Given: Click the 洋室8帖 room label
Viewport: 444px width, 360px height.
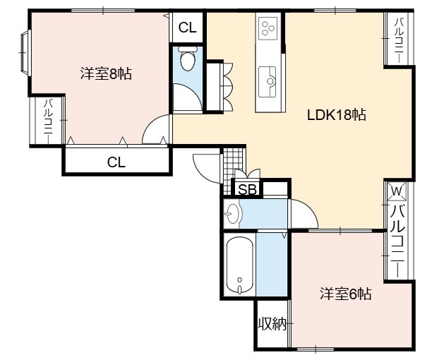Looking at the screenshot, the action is click(106, 73).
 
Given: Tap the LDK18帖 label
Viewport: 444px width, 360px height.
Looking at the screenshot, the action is click(337, 115).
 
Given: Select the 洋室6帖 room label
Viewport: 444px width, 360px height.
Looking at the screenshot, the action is click(346, 294).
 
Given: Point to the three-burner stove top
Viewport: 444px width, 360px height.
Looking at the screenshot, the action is click(268, 28).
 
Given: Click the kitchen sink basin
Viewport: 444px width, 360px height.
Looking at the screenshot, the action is click(268, 82).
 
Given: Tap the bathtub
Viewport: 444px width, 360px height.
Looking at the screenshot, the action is click(240, 265).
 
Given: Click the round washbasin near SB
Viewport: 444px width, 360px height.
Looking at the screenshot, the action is click(232, 214).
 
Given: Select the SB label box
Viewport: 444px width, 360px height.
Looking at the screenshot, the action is click(248, 189).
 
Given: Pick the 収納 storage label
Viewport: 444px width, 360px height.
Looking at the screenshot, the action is click(272, 324).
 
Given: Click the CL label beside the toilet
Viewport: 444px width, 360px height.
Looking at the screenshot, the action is click(188, 28).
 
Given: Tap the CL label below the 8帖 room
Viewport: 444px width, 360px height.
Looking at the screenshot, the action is click(116, 162).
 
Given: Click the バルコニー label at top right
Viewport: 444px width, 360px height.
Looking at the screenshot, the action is click(399, 40).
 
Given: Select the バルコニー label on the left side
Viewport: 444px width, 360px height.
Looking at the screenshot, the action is click(48, 121).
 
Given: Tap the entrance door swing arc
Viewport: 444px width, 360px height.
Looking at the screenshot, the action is click(205, 168).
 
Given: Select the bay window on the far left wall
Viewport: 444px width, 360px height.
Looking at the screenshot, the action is click(25, 52).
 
